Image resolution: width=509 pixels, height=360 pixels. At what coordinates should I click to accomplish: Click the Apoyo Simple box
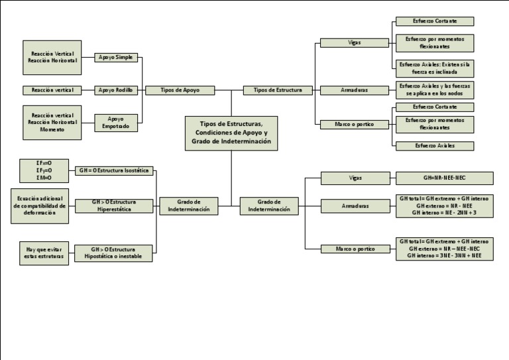point(116,58)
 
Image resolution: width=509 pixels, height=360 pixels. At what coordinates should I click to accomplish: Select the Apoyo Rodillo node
point(116,90)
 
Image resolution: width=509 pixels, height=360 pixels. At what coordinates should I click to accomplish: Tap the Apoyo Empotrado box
point(116,122)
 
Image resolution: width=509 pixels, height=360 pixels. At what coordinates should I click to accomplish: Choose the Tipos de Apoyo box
point(179,90)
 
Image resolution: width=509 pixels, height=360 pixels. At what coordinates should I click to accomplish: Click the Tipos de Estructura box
point(278,90)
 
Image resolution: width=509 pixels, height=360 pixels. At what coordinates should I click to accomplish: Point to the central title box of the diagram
point(231,133)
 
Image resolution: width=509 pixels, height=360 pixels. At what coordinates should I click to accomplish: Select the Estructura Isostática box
point(115,170)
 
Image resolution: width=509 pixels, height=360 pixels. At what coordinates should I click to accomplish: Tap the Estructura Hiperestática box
point(115,206)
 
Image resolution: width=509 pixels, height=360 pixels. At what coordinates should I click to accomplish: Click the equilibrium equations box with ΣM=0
point(44,170)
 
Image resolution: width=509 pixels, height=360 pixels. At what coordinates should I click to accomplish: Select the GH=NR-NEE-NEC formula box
point(444,178)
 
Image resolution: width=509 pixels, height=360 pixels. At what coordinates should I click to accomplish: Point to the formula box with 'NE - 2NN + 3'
point(444,206)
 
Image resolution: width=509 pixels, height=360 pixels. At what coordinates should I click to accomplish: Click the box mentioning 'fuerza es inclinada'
point(435,67)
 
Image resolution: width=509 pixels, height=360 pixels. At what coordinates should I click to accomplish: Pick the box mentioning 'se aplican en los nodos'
point(435,90)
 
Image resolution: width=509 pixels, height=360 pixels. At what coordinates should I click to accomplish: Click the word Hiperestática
point(115,209)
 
